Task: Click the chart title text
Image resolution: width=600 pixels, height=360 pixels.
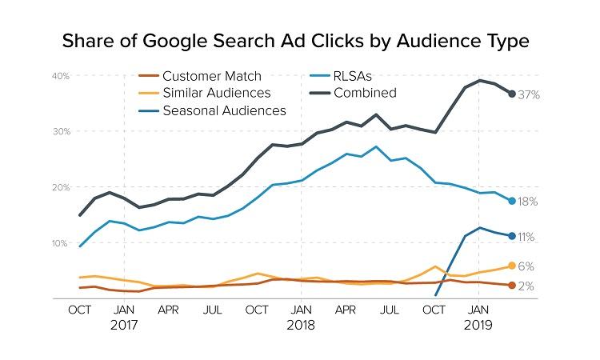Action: coord(299,39)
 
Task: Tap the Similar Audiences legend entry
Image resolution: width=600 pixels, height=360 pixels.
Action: coord(215,93)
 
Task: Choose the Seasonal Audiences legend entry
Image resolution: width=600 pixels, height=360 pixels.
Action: coord(223,110)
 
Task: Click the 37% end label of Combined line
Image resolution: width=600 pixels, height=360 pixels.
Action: coord(530,94)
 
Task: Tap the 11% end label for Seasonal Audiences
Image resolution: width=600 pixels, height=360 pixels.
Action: coord(526,237)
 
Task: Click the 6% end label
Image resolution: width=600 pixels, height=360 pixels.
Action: coord(526,266)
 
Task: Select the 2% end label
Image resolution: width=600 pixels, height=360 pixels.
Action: coord(526,286)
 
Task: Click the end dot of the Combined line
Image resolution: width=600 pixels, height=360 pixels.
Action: coord(512,94)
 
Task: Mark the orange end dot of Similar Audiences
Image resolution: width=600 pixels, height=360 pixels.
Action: coord(512,266)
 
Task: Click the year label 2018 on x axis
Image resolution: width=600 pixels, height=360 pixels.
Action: coord(300,326)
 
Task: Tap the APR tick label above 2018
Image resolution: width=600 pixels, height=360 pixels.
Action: coord(345,308)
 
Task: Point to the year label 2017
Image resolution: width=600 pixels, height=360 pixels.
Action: coord(124,326)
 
